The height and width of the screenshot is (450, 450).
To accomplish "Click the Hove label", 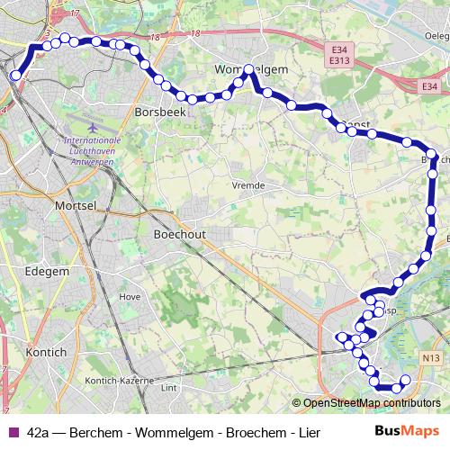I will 130,295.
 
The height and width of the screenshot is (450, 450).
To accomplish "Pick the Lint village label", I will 167,388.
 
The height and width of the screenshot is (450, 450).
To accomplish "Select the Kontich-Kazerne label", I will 116,381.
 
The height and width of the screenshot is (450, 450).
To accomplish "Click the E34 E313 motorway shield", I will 338,57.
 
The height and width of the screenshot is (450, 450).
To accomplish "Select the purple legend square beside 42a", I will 12,432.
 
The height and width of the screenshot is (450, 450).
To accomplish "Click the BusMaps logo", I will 407,431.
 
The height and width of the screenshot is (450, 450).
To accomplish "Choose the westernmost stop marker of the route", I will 15,76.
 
